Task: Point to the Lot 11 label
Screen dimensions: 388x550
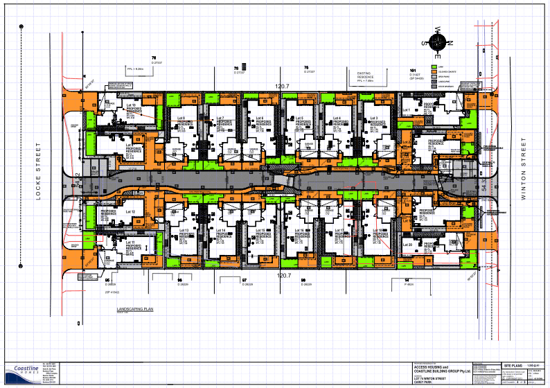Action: (x=130, y=242)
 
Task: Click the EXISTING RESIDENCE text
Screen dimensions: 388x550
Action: (x=360, y=75)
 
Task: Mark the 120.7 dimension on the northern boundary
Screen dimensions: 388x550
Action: (x=281, y=86)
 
